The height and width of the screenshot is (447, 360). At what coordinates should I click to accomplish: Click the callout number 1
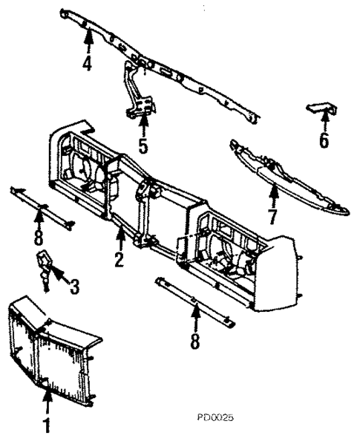[x=47, y=427]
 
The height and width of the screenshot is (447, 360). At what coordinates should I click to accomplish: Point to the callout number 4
[x=87, y=63]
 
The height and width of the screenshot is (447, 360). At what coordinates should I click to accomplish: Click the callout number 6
[x=324, y=140]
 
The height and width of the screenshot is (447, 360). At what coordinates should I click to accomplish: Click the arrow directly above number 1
[x=47, y=405]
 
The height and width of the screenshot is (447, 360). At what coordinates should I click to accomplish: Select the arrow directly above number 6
[x=324, y=122]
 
